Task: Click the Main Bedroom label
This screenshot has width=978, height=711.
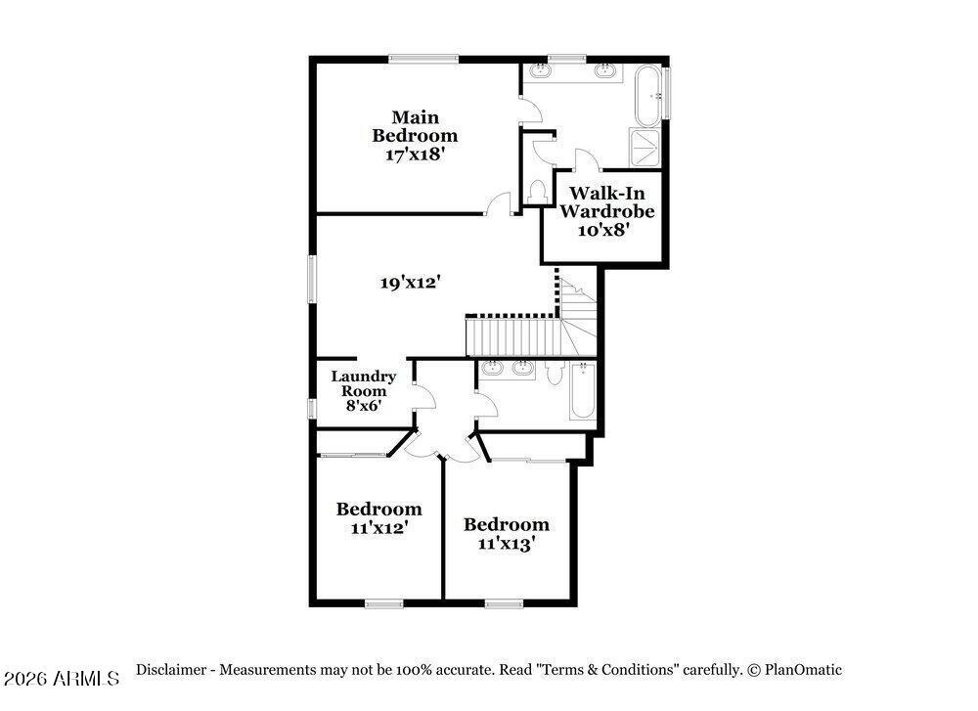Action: [415, 126]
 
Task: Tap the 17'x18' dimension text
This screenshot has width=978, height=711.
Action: [415, 155]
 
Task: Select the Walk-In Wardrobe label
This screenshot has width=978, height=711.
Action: [607, 201]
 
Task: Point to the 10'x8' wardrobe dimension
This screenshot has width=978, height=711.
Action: [602, 230]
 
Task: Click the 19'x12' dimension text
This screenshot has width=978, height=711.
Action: [411, 283]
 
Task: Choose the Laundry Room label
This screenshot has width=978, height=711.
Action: [363, 383]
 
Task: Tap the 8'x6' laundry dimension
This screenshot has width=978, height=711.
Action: [364, 406]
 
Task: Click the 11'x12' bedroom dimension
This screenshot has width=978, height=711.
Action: [379, 528]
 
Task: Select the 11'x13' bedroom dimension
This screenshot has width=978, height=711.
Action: [507, 543]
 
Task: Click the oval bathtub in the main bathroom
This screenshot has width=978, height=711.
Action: [648, 96]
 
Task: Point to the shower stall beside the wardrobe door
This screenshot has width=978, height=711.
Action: [645, 148]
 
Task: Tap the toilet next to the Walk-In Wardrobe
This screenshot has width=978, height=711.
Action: [536, 192]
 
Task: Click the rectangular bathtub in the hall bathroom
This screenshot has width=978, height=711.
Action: [583, 391]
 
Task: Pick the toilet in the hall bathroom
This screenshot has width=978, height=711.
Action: [555, 372]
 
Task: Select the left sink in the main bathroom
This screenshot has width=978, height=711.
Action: [540, 70]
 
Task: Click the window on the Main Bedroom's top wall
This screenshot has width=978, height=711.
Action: [423, 60]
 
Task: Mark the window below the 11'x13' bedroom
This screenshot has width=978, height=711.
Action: [504, 603]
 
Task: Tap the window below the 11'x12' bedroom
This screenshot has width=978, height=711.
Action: [383, 603]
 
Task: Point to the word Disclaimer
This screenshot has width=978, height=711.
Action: [171, 670]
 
